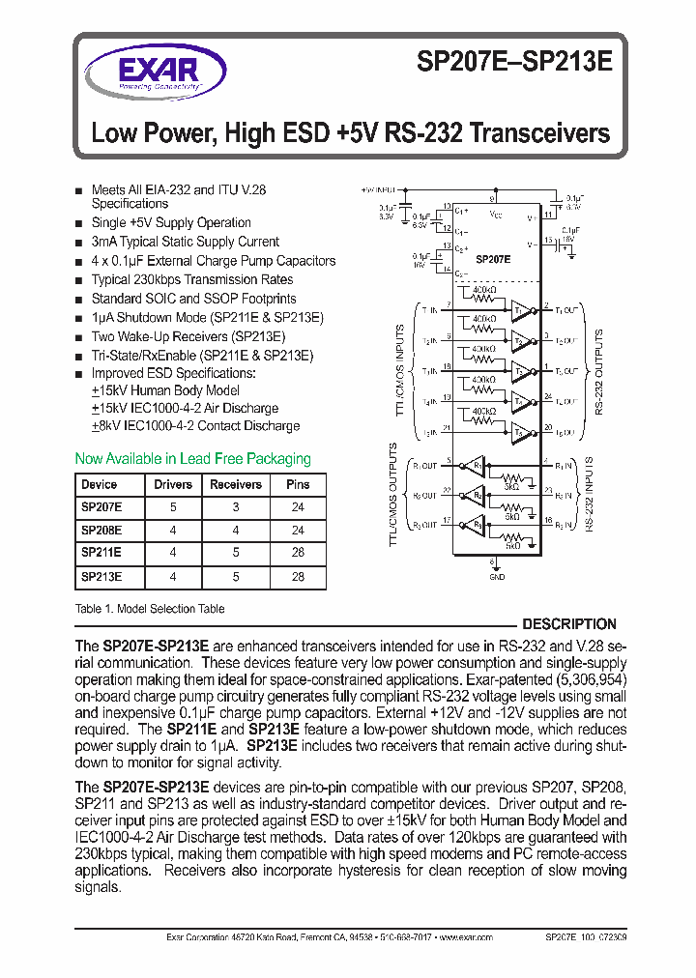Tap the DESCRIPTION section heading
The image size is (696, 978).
point(568,624)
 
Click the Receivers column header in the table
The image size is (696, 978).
point(235,485)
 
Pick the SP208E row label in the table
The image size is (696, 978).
point(101,531)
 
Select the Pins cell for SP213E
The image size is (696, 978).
point(298,577)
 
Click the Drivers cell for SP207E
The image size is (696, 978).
point(173,507)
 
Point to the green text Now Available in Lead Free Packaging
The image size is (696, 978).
point(192,459)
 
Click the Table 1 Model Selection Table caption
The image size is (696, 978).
point(150,609)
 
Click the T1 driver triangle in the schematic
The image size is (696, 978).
point(520,310)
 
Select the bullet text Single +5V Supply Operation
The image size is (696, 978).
point(170,222)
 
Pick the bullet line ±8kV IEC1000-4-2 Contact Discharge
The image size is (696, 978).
point(195,426)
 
